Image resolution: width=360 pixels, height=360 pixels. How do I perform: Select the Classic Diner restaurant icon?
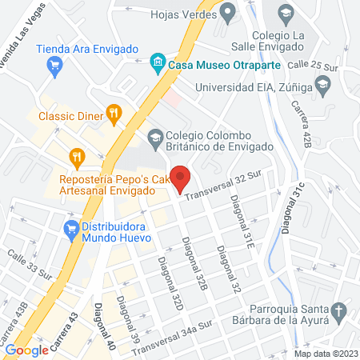pyautogui.click(x=114, y=114)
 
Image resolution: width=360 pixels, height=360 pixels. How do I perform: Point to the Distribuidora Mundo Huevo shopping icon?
pyautogui.click(x=70, y=228)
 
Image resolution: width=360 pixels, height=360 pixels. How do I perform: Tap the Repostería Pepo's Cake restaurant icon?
pyautogui.click(x=76, y=156)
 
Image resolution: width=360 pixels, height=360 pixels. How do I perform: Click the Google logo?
pyautogui.click(x=26, y=349)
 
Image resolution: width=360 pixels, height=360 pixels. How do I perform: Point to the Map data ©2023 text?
pyautogui.click(x=326, y=354)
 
